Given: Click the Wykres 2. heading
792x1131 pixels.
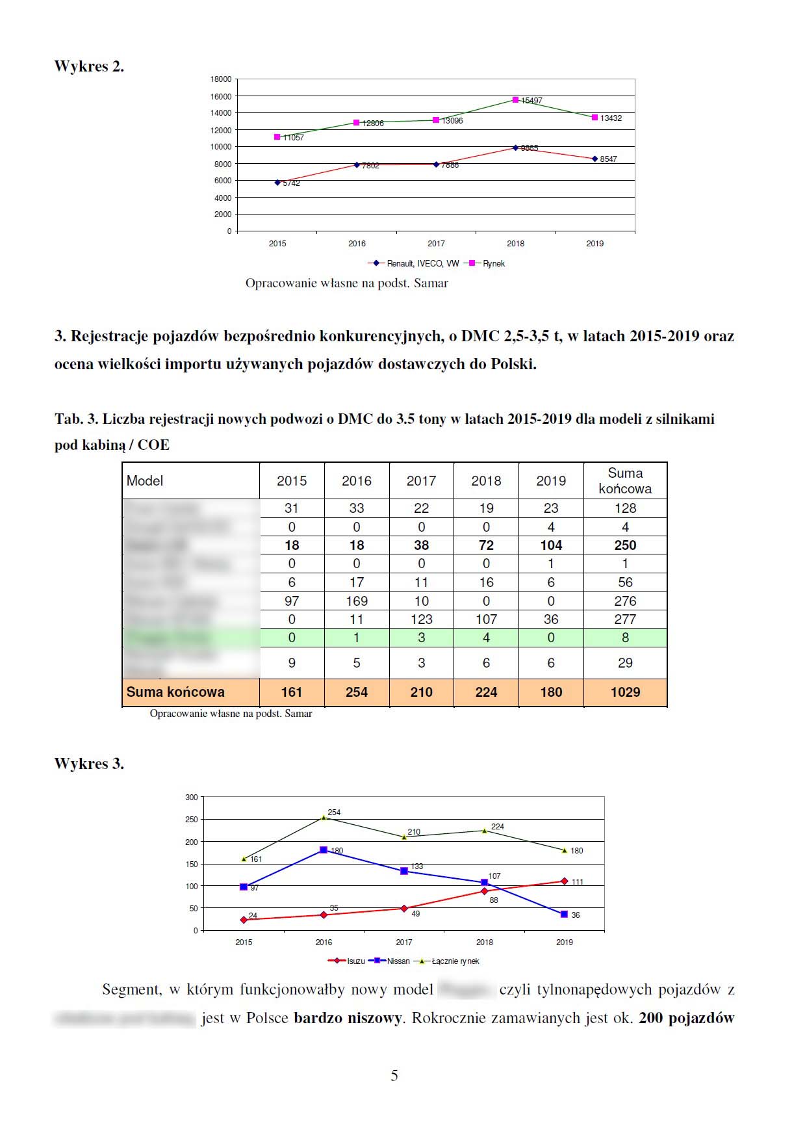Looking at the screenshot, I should [89, 66].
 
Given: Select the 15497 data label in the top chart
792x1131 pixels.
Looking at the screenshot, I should [531, 101].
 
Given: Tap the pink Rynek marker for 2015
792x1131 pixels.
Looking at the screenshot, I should [277, 137].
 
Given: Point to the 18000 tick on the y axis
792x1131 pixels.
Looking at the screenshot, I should [221, 79].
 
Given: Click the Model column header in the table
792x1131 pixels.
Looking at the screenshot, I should [145, 481].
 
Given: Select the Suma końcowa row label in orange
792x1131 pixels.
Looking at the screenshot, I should [175, 692].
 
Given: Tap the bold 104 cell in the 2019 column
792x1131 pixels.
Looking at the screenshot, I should [551, 545].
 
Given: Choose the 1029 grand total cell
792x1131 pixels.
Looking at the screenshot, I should [625, 692].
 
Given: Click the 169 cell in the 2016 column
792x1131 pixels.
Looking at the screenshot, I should [357, 601].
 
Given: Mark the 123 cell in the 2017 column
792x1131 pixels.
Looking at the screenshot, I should [421, 619].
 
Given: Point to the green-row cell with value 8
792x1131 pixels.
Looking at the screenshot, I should [625, 638].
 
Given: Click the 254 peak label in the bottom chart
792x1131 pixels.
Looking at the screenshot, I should [334, 812].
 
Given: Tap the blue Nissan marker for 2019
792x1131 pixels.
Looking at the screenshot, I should [564, 915].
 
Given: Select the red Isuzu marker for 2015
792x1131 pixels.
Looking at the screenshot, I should [244, 920].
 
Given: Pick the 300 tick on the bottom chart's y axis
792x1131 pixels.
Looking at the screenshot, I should [192, 798].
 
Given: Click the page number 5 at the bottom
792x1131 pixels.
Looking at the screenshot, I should [394, 1076].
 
